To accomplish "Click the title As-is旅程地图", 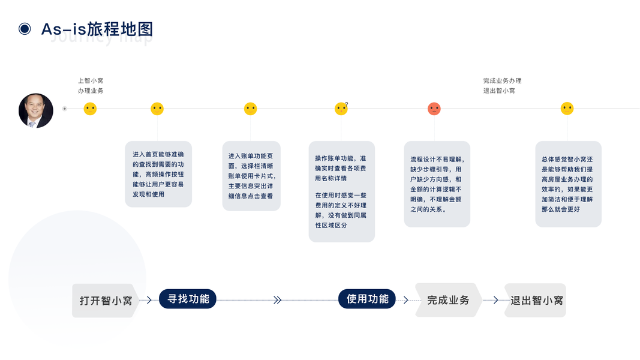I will (97, 29).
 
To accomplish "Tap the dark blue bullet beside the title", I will (25, 29).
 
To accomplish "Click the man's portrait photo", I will (36, 110).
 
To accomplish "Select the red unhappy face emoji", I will (434, 109).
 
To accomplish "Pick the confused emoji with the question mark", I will (341, 109).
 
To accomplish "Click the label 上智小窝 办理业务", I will (91, 85).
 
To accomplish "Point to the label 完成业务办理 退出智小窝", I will (502, 85).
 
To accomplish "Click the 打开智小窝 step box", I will (106, 301).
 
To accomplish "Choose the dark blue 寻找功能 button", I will (188, 299).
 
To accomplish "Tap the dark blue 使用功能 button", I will (367, 299).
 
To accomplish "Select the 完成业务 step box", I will (448, 300).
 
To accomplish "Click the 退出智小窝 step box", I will (536, 301).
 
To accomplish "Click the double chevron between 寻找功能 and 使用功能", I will (277, 300).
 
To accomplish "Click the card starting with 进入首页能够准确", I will (158, 174).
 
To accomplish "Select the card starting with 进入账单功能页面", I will (251, 176).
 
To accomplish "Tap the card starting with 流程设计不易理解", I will (437, 184).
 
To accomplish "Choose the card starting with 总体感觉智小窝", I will (567, 184).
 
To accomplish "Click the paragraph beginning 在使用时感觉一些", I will (341, 210).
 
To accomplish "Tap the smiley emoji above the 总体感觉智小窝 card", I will (567, 109).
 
